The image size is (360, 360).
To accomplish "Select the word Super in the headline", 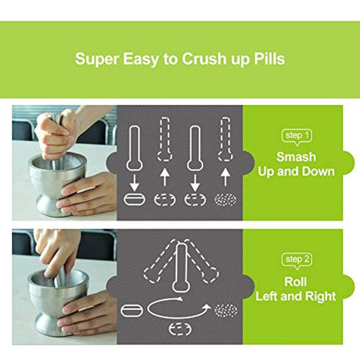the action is pyautogui.click(x=97, y=59).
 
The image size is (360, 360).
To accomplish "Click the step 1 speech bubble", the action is pyautogui.click(x=297, y=137).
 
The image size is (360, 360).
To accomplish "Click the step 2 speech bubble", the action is pyautogui.click(x=297, y=261).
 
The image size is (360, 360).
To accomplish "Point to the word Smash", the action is pyautogui.click(x=296, y=157).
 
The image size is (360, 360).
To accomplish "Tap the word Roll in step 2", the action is pyautogui.click(x=295, y=282).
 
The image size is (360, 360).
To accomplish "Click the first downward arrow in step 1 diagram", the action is pyautogui.click(x=134, y=183).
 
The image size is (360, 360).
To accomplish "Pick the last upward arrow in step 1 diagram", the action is pyautogui.click(x=226, y=177).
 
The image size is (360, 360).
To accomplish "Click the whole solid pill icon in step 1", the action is pyautogui.click(x=134, y=199).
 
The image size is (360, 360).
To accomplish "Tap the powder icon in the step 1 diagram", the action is pyautogui.click(x=226, y=199).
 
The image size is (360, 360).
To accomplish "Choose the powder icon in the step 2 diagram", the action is pyautogui.click(x=226, y=310).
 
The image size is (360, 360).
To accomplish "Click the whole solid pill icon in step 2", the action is pyautogui.click(x=132, y=310).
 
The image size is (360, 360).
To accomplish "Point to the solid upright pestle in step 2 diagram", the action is pyautogui.click(x=181, y=268).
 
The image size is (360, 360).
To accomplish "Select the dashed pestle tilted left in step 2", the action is pyautogui.click(x=160, y=262).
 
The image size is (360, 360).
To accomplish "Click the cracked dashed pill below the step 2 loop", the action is pyautogui.click(x=181, y=329).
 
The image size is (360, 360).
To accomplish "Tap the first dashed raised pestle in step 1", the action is pyautogui.click(x=164, y=139).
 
